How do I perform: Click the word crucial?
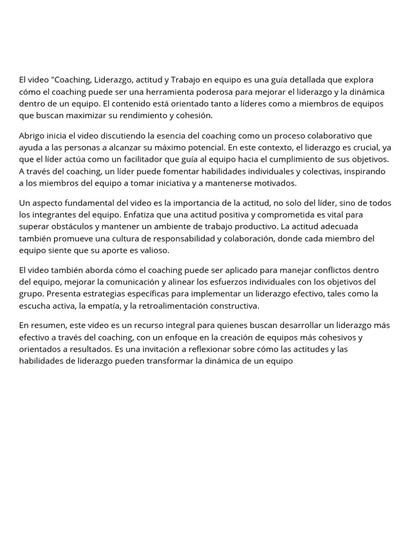click(x=366, y=148)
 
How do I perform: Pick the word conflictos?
click(x=319, y=271)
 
